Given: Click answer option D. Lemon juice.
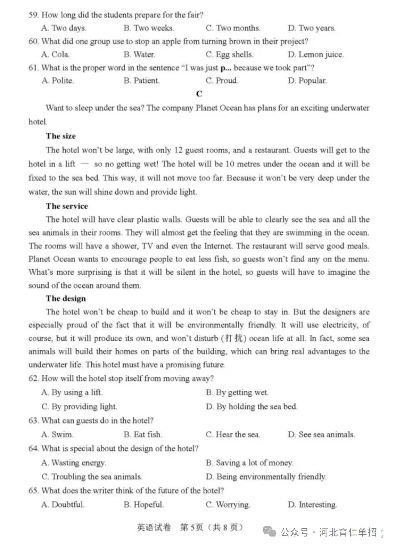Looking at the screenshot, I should (316, 55).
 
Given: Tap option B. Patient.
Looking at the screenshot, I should (141, 81).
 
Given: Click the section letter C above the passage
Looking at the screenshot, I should (199, 94).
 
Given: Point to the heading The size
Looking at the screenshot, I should (61, 136).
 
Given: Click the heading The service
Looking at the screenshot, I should (67, 206).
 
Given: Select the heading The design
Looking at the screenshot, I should (66, 298).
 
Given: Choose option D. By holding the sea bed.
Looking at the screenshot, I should (251, 407).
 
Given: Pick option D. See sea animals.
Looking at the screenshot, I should (321, 435).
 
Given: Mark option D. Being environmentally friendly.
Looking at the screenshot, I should (266, 477).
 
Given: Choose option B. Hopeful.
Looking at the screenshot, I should (143, 505).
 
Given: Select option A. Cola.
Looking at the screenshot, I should (56, 55).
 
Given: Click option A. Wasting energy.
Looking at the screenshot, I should (74, 463).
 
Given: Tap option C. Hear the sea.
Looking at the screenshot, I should (233, 435).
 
